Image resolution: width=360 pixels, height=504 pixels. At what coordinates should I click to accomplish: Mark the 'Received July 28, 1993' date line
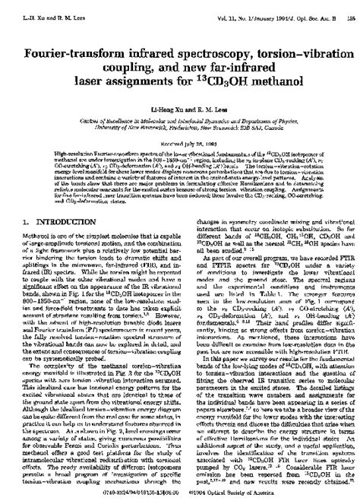coord(179,122)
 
